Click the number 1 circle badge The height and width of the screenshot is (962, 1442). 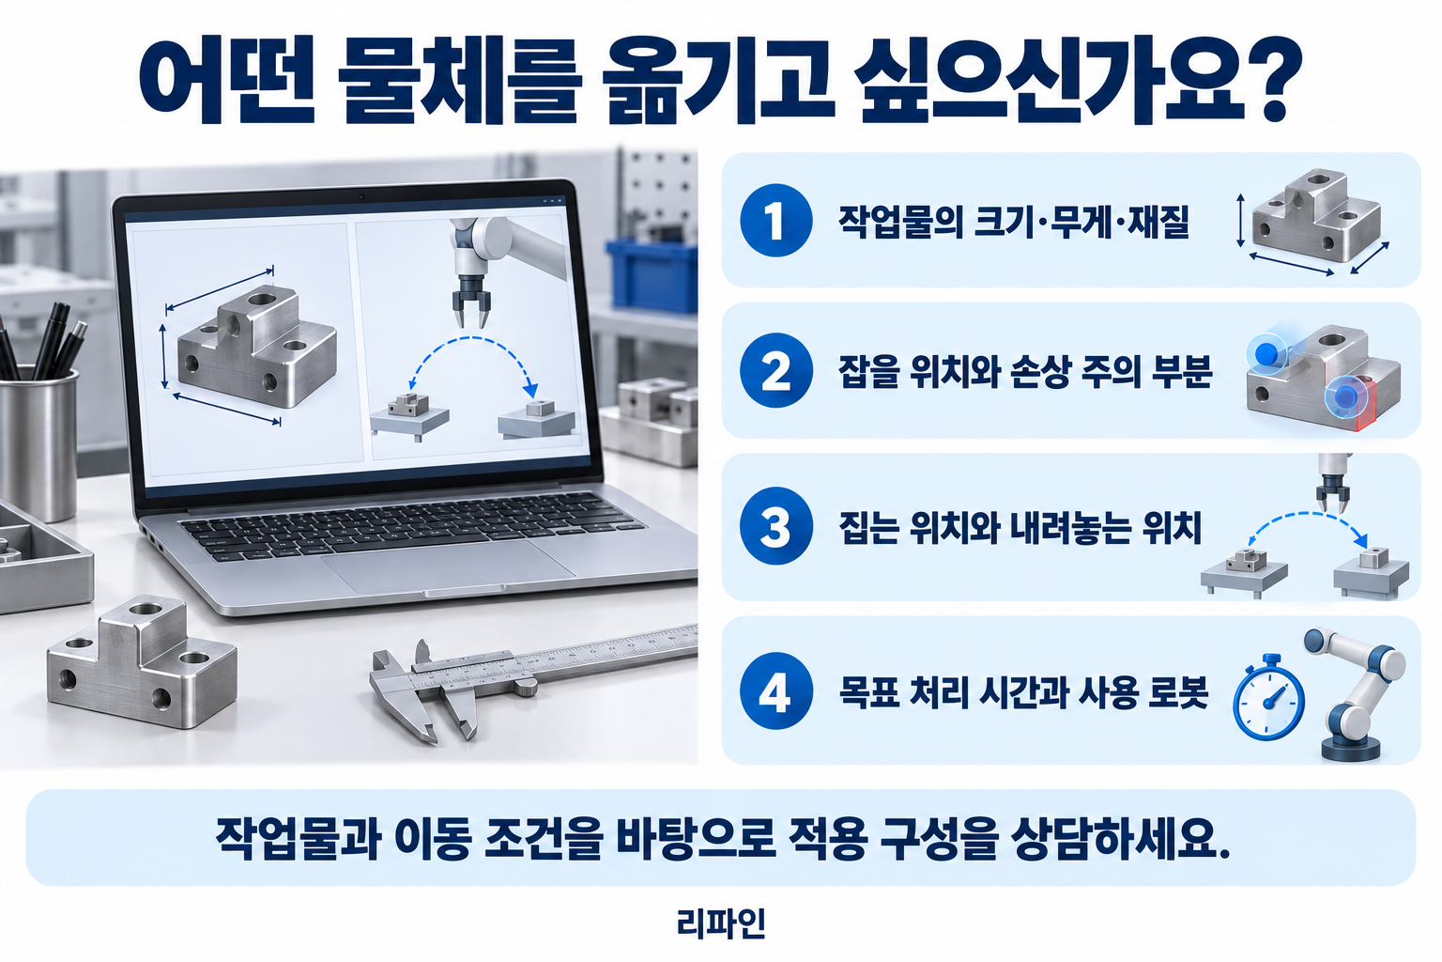775,221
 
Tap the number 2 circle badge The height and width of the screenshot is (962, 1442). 775,370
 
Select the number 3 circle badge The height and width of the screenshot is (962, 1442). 775,526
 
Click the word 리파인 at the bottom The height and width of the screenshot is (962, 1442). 721,923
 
